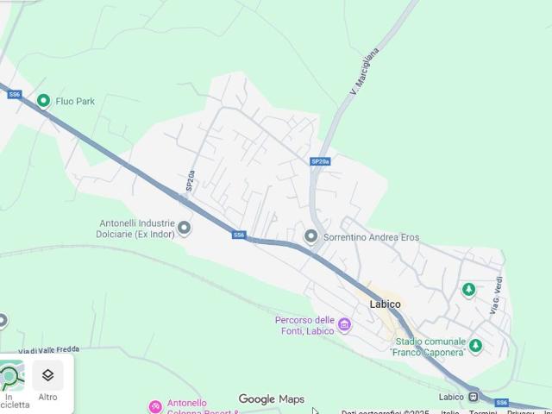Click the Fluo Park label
(x=75, y=101)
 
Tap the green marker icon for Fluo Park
(x=44, y=101)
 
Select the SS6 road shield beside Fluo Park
(x=15, y=94)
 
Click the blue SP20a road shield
(x=320, y=161)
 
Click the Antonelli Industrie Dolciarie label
(x=136, y=228)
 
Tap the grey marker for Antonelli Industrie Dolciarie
(x=184, y=228)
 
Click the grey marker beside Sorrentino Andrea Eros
(x=311, y=235)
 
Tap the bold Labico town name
(x=386, y=304)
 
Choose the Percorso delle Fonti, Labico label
(x=305, y=325)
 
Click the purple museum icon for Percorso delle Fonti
(x=345, y=324)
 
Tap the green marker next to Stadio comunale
(x=475, y=347)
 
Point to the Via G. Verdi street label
(x=496, y=295)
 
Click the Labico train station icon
(x=474, y=397)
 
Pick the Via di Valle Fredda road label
(x=49, y=350)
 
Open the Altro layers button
(x=47, y=380)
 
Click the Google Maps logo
(x=272, y=399)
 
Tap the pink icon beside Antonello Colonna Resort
(x=155, y=406)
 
